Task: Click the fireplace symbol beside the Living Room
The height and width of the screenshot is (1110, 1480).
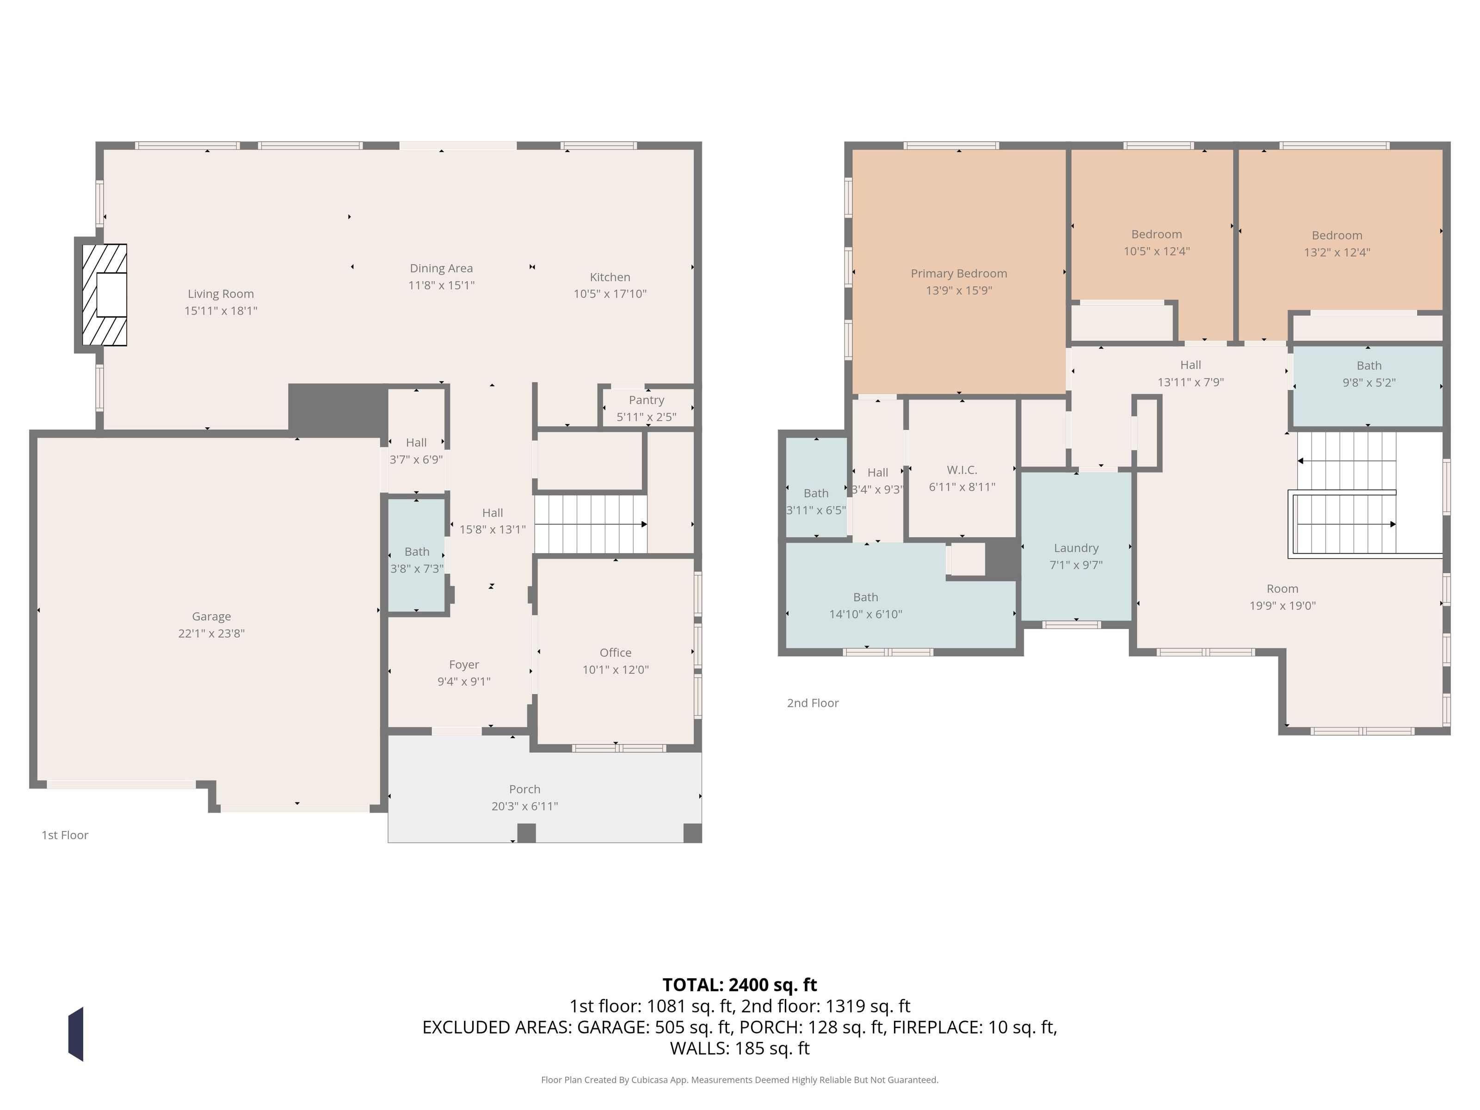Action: pos(105,295)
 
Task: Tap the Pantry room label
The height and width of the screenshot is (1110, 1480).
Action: pos(646,400)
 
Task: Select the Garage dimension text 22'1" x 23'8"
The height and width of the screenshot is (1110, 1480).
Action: pos(211,634)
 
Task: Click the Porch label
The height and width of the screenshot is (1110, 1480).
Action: pos(524,789)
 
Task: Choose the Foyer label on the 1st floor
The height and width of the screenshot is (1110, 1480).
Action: pos(464,665)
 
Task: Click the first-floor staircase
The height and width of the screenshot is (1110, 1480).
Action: pos(591,524)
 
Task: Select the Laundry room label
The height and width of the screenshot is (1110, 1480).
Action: pos(1076,548)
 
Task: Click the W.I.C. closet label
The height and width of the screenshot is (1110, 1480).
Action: pos(962,470)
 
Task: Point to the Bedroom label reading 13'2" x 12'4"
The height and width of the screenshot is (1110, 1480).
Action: pos(1337,235)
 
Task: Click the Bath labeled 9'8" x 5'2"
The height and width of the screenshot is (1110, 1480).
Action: pos(1369,366)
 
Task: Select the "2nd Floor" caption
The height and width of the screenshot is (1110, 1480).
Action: pos(813,703)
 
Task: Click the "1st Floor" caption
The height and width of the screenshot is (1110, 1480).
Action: pos(65,835)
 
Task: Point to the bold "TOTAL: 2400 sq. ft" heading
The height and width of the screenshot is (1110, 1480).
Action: pos(740,985)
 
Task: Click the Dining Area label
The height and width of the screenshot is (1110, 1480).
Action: pos(442,268)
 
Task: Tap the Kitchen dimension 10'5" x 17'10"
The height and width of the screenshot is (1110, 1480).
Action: pos(610,294)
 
